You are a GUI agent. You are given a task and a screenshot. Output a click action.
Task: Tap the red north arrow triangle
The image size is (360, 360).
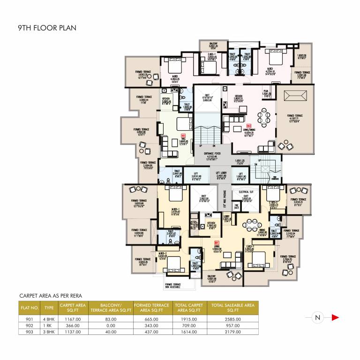click(x=335, y=317)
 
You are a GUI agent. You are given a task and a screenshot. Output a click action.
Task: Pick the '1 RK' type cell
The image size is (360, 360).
click(x=49, y=324)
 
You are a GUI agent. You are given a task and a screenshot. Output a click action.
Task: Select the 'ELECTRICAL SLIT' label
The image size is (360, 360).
click(x=246, y=192)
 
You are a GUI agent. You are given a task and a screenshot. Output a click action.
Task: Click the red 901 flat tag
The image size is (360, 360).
click(x=217, y=243)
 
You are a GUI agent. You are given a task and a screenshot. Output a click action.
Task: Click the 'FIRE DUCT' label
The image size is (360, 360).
click(x=237, y=206)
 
